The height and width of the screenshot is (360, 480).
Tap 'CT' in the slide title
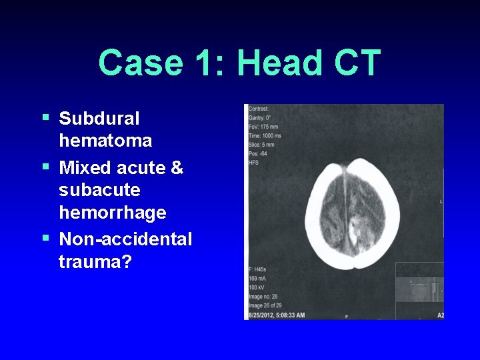click(x=358, y=63)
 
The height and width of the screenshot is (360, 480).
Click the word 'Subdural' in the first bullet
click(x=99, y=119)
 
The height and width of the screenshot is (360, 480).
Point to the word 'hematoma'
click(x=105, y=141)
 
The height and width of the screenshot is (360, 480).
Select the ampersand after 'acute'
click(x=177, y=167)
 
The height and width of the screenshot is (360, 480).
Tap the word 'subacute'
click(x=99, y=190)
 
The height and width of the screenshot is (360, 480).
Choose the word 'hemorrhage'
click(x=112, y=213)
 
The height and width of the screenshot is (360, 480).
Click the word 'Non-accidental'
click(x=125, y=239)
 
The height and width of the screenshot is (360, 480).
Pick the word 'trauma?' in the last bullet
click(x=95, y=261)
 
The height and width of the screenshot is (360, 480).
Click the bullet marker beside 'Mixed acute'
click(x=45, y=166)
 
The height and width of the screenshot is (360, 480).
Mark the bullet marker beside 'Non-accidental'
click(x=45, y=237)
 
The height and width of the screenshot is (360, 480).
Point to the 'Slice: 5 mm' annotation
click(x=261, y=144)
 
